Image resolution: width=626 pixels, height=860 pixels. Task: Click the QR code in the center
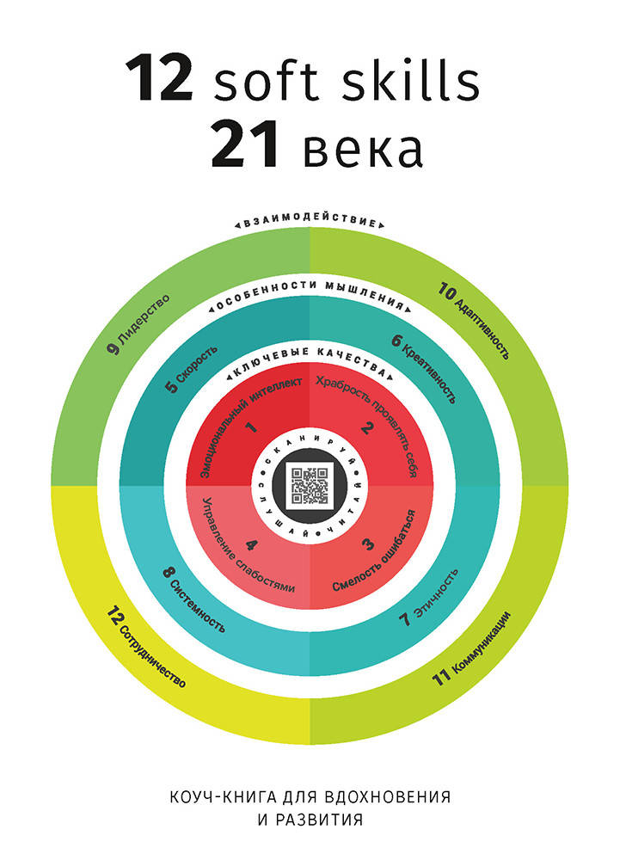click(310, 486)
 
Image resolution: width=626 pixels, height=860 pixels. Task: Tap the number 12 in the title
click(160, 78)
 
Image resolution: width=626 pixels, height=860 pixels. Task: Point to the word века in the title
click(363, 149)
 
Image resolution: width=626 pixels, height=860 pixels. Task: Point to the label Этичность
click(436, 593)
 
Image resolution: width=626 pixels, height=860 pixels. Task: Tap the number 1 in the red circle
click(252, 427)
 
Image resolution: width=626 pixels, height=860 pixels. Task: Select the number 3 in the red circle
click(368, 544)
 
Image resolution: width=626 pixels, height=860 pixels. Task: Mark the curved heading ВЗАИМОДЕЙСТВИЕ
click(310, 223)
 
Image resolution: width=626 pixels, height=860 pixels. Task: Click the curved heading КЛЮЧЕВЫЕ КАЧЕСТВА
click(310, 363)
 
